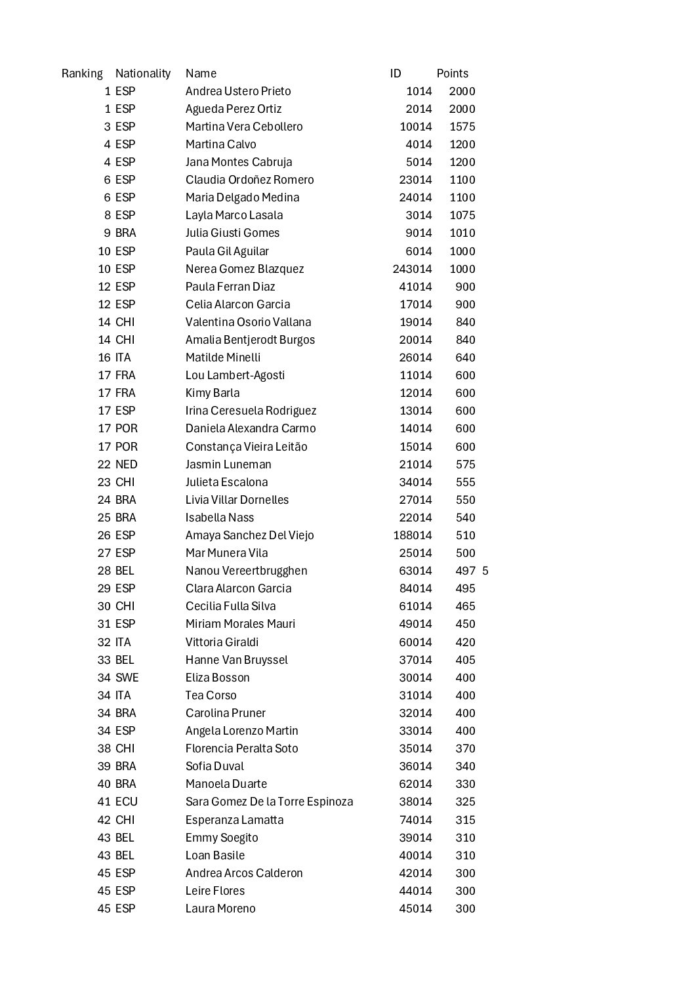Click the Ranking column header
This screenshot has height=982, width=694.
click(82, 73)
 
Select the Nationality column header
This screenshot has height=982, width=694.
click(143, 73)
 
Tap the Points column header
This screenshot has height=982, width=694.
click(453, 73)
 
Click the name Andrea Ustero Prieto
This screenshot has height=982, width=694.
click(238, 91)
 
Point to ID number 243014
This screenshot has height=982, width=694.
click(412, 269)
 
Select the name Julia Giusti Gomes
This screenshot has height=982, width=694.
click(232, 233)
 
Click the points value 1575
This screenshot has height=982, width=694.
click(462, 127)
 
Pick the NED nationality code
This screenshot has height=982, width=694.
click(127, 464)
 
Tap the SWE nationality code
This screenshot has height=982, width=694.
click(127, 678)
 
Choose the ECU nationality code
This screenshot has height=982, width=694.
click(127, 802)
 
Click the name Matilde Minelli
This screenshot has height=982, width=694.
click(223, 358)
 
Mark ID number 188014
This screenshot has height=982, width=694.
click(412, 535)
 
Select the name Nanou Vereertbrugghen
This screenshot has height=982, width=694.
click(246, 571)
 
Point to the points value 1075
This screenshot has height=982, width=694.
click(462, 215)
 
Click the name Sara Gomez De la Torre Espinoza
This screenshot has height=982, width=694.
click(269, 802)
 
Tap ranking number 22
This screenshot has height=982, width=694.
click(104, 464)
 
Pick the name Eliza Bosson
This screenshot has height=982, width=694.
click(217, 678)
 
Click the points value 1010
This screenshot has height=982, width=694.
click(462, 233)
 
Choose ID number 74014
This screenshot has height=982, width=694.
click(416, 820)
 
